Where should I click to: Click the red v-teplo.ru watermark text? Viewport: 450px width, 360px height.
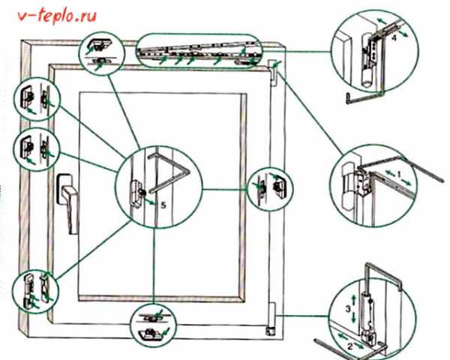click(57, 16)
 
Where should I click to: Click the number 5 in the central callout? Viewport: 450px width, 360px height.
click(163, 205)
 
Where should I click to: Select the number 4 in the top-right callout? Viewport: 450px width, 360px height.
click(394, 37)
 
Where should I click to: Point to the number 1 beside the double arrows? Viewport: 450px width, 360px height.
click(399, 174)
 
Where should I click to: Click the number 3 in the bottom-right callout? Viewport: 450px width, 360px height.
click(348, 309)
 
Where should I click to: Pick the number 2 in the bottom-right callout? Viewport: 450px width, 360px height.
click(350, 346)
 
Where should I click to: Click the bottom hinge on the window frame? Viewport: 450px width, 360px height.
click(271, 319)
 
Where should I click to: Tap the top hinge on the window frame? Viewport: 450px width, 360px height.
click(272, 73)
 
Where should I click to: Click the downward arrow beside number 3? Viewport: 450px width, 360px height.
click(353, 316)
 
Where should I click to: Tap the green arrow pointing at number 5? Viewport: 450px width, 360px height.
click(150, 201)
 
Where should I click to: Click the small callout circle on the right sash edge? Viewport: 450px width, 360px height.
click(270, 188)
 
